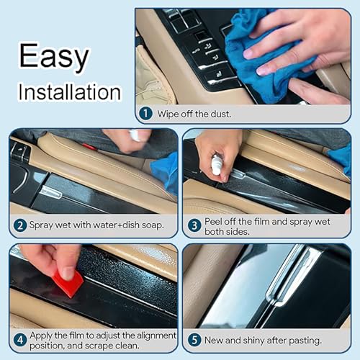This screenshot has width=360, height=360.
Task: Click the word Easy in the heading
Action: coord(54,56)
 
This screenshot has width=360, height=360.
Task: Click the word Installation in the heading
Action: coord(70,92)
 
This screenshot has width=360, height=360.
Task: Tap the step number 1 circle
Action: coord(146,113)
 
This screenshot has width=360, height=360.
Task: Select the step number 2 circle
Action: coord(20,225)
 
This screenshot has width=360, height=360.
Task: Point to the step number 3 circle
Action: coord(194,225)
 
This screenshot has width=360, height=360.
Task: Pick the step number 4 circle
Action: coord(20,340)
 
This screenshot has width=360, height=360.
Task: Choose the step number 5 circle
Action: coord(194,340)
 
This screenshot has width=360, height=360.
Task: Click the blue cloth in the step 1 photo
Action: coord(266,58)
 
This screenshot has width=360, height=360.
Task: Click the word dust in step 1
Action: coord(220,114)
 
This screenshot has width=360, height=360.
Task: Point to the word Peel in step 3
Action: coord(212,222)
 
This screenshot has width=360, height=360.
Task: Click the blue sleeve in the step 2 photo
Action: coord(166,173)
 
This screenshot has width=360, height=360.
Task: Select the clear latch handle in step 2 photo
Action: coord(51,192)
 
